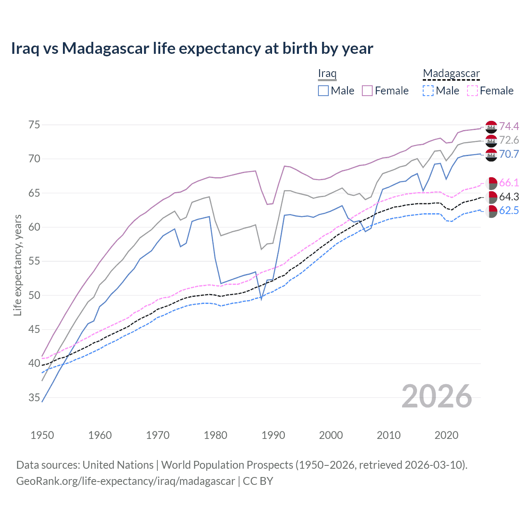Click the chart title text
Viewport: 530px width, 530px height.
pos(192,48)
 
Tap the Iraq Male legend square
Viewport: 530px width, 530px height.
pos(323,91)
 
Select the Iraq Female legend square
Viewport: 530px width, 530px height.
pos(367,91)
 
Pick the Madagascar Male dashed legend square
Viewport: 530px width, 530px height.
pos(428,91)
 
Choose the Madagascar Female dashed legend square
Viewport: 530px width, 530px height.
pos(472,91)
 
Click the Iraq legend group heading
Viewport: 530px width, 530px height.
pos(327,74)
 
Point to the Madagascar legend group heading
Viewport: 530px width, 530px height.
pos(451,74)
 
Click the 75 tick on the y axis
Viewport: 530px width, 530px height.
pos(34,125)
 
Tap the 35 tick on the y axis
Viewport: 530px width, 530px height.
pos(34,398)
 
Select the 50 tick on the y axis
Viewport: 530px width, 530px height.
pos(34,296)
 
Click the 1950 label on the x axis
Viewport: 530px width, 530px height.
pos(42,435)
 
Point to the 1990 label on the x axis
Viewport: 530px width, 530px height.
pos(273,435)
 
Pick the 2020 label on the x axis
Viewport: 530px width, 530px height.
pos(446,435)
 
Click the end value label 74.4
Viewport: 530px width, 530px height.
pos(509,126)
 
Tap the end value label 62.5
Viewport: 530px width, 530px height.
pos(509,211)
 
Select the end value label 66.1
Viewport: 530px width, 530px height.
pos(509,183)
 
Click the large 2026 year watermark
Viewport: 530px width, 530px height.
pos(437,397)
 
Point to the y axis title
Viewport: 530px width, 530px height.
pos(18,265)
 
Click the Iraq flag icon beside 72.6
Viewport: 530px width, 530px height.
pos(491,140)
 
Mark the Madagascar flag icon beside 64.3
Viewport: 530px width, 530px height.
pos(491,197)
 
